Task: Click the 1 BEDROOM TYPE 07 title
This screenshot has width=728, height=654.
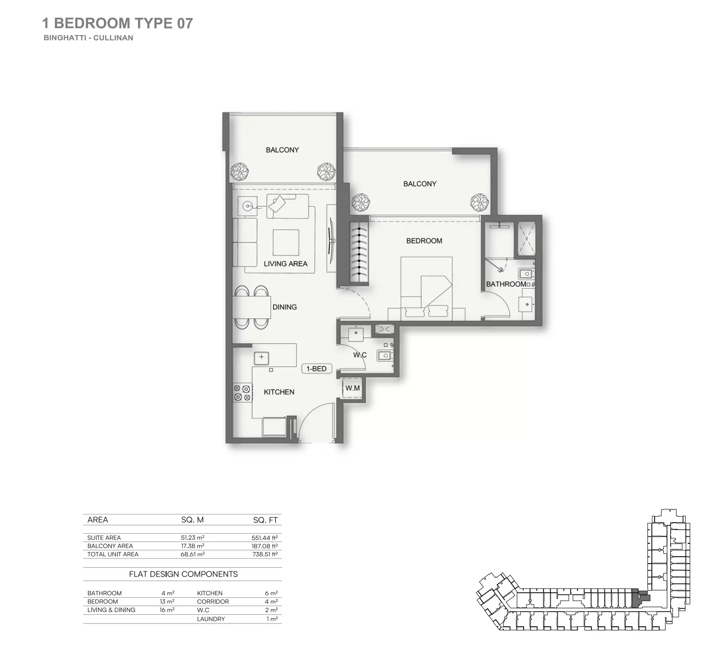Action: (x=117, y=23)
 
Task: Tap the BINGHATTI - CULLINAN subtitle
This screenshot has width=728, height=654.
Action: (x=88, y=38)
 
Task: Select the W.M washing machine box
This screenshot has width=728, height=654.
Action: (x=352, y=388)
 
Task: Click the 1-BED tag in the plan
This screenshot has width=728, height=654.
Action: (x=316, y=369)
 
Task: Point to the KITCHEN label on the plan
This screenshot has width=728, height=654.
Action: (x=279, y=392)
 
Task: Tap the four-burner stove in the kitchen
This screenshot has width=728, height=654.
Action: (x=242, y=392)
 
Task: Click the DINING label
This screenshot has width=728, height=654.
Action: (x=284, y=307)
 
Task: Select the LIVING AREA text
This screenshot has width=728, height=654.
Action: (x=285, y=264)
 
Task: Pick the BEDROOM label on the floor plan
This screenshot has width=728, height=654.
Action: (x=424, y=241)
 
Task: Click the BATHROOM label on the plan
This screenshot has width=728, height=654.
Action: (x=506, y=284)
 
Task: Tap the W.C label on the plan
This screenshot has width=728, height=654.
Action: (x=360, y=355)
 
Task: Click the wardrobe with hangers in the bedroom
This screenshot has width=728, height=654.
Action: (x=360, y=253)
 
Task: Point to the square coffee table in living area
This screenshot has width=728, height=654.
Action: (x=286, y=243)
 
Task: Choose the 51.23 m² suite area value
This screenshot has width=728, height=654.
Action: (x=192, y=538)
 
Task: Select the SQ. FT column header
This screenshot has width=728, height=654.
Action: (x=265, y=520)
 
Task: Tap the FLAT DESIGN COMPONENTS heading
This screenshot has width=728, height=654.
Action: (x=183, y=574)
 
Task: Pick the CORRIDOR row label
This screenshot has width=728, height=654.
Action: (x=213, y=601)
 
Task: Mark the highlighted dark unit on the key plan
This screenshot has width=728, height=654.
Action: (x=640, y=598)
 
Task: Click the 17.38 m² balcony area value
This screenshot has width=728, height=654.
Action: (x=192, y=546)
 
